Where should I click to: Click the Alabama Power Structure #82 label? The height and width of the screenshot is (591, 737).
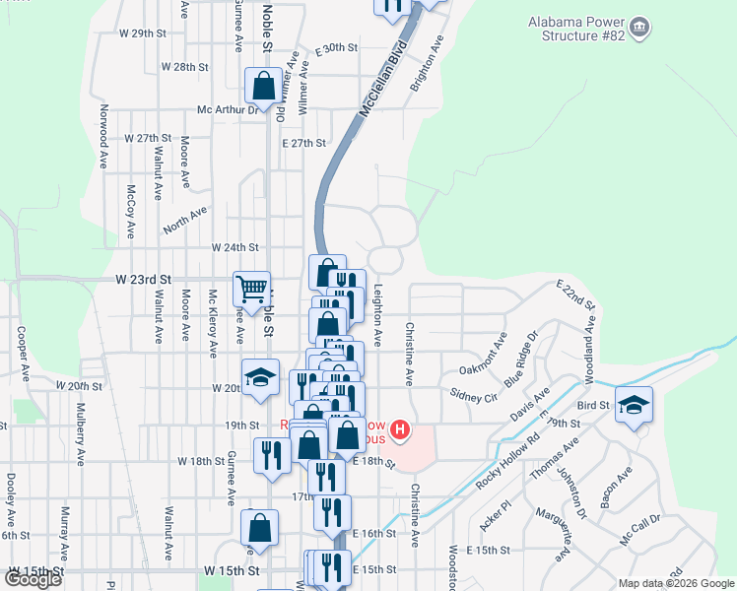click(576, 30)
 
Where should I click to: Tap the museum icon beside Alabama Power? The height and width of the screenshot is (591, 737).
click(640, 27)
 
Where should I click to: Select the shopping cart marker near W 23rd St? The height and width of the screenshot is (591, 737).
click(251, 289)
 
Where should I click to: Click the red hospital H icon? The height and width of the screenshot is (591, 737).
click(400, 429)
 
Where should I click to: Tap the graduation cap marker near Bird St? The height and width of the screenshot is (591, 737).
click(634, 404)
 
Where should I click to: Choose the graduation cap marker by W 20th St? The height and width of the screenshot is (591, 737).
click(261, 378)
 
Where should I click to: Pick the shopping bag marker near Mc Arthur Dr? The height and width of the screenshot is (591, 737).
click(263, 86)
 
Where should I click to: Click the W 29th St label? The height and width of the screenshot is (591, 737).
click(139, 33)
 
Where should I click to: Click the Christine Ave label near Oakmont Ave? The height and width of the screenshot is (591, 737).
click(407, 352)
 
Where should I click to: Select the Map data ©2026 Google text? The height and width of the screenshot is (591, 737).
click(675, 583)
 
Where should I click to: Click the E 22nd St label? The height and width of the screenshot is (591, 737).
click(576, 295)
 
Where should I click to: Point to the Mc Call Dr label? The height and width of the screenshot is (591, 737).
click(641, 530)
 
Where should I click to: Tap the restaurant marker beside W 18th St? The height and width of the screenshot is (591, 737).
click(269, 455)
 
